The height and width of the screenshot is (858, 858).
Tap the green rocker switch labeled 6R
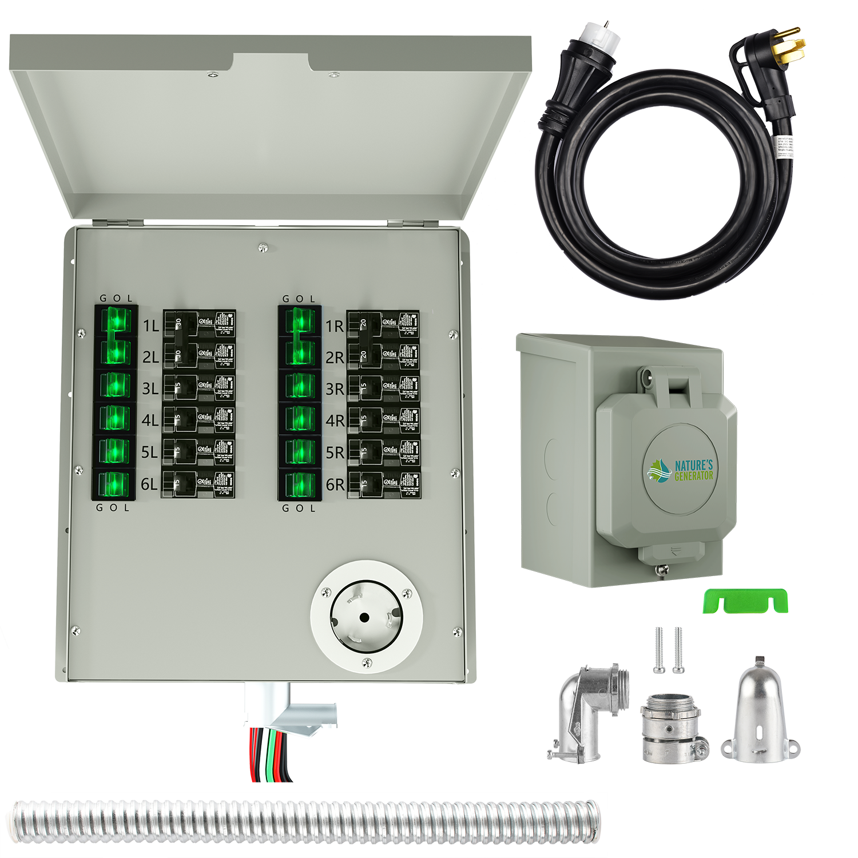coord(299,485)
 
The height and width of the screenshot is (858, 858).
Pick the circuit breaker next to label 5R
coord(383,452)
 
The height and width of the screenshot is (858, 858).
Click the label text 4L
coord(150,420)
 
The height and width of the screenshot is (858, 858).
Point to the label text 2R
coord(335,357)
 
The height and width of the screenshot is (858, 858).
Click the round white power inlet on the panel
coord(366,617)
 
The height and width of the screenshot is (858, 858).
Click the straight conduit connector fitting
coord(672,726)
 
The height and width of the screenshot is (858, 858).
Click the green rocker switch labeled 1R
coord(299,323)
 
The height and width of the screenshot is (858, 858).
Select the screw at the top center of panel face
coord(263,247)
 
